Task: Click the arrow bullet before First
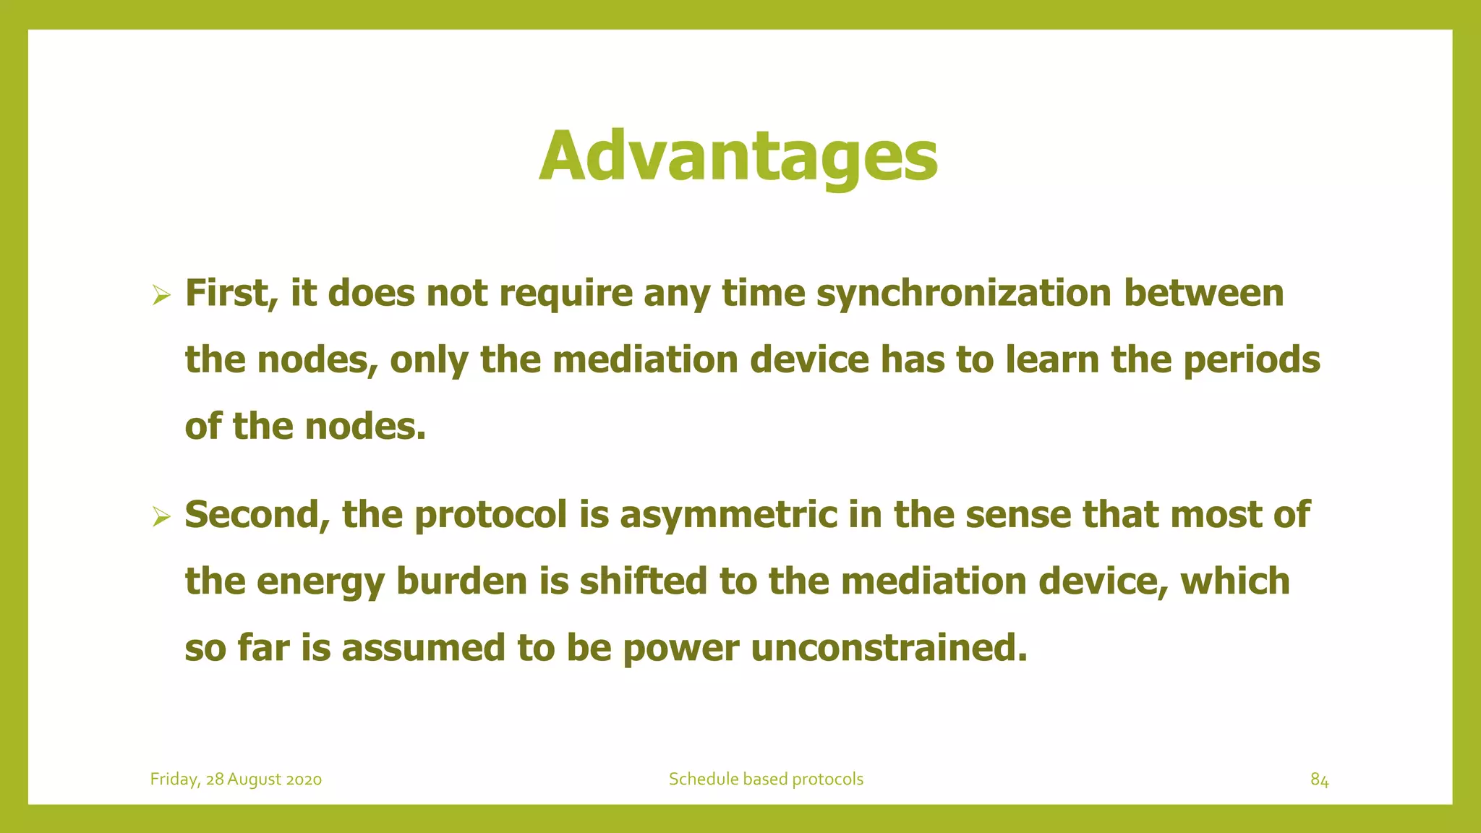(161, 295)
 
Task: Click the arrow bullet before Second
(161, 517)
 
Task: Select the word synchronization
(963, 294)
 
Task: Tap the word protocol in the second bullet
(490, 515)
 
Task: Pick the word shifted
(643, 581)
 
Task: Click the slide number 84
(1319, 779)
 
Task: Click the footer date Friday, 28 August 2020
(236, 779)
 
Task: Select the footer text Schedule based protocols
(766, 779)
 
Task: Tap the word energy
(321, 581)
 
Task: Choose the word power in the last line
(680, 648)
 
